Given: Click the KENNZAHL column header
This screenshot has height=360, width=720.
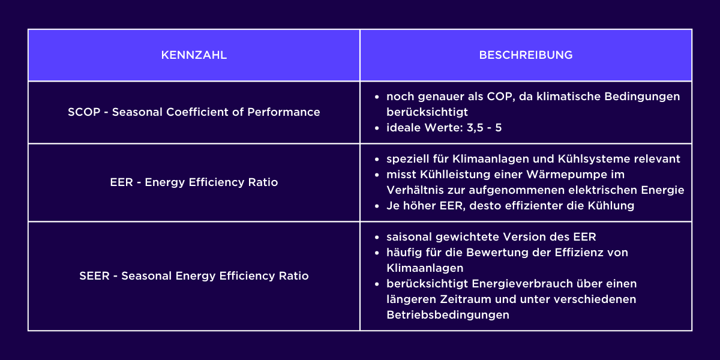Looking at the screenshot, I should point(194,55).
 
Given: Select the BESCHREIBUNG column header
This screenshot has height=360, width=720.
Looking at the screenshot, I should point(526,55).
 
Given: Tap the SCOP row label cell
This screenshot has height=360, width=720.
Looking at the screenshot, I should point(194,112).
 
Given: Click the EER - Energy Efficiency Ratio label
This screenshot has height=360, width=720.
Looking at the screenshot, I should point(194,182).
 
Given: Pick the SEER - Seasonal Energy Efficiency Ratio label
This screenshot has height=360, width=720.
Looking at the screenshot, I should point(194,276).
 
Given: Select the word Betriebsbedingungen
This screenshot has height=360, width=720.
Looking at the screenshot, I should point(448,315).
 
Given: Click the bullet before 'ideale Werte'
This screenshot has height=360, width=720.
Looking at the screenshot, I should point(376,128).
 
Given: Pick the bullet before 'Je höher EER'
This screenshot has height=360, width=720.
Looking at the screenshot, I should point(376,206).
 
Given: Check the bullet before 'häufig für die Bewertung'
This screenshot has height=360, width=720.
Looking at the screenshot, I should point(376,253).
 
